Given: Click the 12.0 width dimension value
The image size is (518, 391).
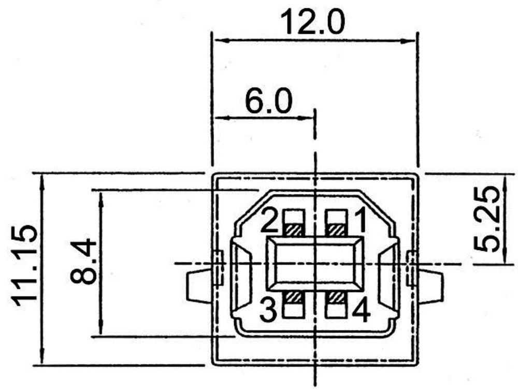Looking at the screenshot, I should pos(312,22).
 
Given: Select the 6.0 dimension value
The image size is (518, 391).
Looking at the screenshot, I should pos(268,102).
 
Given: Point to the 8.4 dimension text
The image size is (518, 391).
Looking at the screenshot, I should pos(83,261).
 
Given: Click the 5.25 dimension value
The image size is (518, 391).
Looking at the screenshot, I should pos(488,219).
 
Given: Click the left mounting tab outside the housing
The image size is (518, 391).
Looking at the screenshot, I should pos(198,286).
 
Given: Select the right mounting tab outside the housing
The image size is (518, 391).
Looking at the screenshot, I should pos(431,286).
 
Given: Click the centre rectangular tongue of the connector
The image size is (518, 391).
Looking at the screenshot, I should pos(315,264).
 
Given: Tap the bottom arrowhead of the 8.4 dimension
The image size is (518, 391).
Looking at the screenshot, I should pos(100,331).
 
